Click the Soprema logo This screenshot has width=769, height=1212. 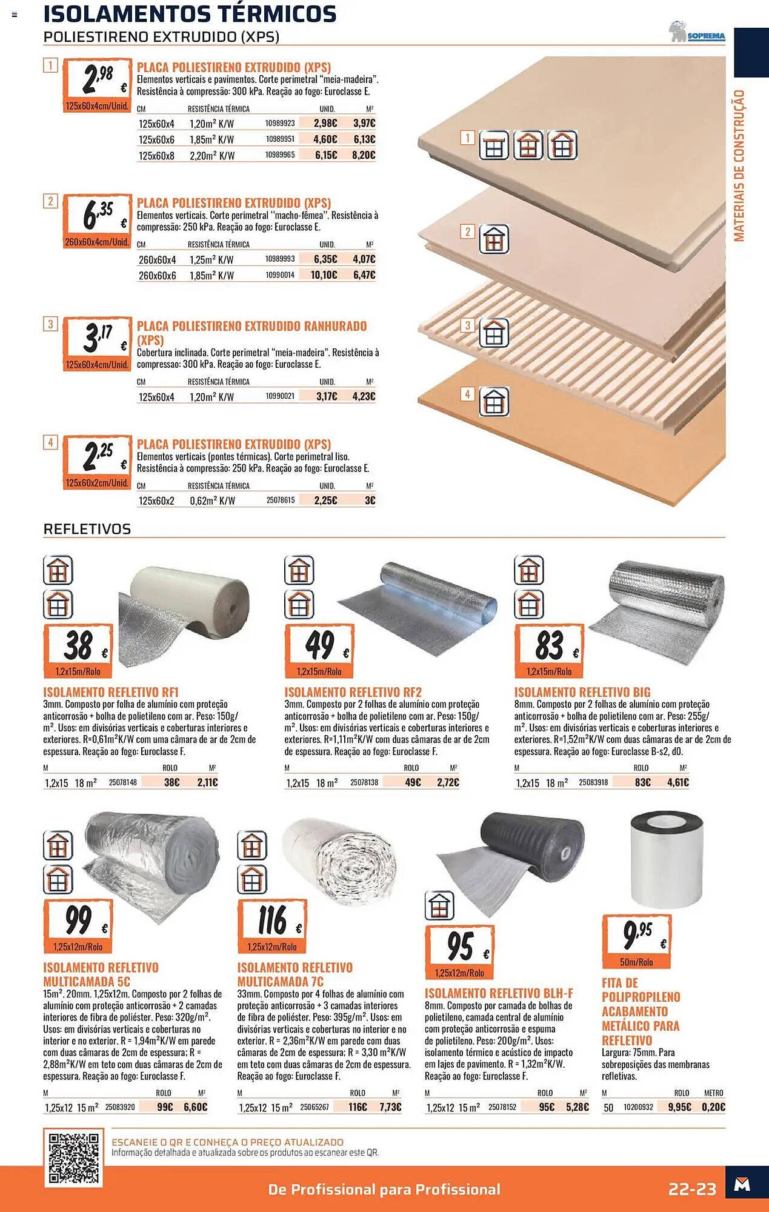pos(697,32)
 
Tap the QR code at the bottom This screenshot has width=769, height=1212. pos(74,1157)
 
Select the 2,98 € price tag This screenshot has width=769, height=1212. pos(97,85)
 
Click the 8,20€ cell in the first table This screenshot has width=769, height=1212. pos(364,155)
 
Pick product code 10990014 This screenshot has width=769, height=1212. pos(280,275)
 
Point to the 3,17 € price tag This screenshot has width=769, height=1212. pos(97,344)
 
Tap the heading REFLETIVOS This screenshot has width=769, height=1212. pos(87,529)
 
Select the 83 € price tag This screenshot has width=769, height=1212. pos(550,651)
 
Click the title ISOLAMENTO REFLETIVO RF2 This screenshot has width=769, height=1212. pos(353,692)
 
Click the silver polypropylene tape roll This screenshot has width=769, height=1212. pos(667,860)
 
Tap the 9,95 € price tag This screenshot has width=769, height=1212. pos(637,941)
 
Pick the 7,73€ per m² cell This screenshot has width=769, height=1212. pos(390,1107)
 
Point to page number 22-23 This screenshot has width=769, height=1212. pos(692,1189)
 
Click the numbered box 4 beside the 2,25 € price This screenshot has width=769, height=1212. pos(50,442)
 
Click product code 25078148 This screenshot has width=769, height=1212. pos(123,782)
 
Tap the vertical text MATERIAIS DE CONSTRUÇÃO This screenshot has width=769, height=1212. pos(739,165)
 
